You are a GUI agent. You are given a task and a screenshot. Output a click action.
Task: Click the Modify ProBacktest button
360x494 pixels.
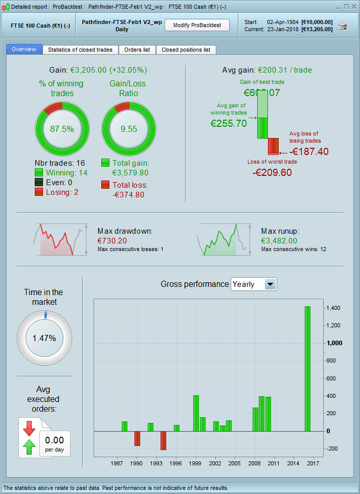coord(197,26)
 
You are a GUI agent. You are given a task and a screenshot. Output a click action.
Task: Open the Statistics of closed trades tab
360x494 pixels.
coord(80,50)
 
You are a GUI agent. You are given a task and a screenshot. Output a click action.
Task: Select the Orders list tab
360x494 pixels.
coord(137,50)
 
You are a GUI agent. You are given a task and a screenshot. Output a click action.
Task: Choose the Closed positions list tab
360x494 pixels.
coord(186,50)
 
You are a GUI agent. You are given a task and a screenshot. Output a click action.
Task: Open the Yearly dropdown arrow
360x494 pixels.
coord(270,284)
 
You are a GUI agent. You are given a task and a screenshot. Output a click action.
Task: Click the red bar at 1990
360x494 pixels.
coord(137,438)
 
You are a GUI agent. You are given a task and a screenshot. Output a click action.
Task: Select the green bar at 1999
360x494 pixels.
coord(196,413)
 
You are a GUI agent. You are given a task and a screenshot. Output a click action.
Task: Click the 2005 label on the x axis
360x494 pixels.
coord(235,463)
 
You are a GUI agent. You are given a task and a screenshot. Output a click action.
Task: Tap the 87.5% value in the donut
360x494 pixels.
coord(62,129)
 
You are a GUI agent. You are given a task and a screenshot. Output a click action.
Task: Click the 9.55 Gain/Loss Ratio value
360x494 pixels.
coord(129,129)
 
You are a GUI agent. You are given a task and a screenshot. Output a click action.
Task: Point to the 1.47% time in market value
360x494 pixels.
coord(44,338)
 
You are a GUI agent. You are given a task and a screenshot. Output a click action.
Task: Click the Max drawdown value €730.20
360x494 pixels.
coord(112,240)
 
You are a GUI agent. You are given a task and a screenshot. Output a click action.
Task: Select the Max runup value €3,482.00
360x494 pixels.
coord(279,240)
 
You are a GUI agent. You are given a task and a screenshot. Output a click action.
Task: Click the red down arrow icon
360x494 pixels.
coord(29,428)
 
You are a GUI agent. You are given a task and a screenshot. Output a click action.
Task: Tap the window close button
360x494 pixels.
coord(354,7)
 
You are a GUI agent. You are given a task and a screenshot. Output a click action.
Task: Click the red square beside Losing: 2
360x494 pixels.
coord(39,192)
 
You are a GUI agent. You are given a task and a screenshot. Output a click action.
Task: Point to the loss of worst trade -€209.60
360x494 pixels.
coord(272,172)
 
